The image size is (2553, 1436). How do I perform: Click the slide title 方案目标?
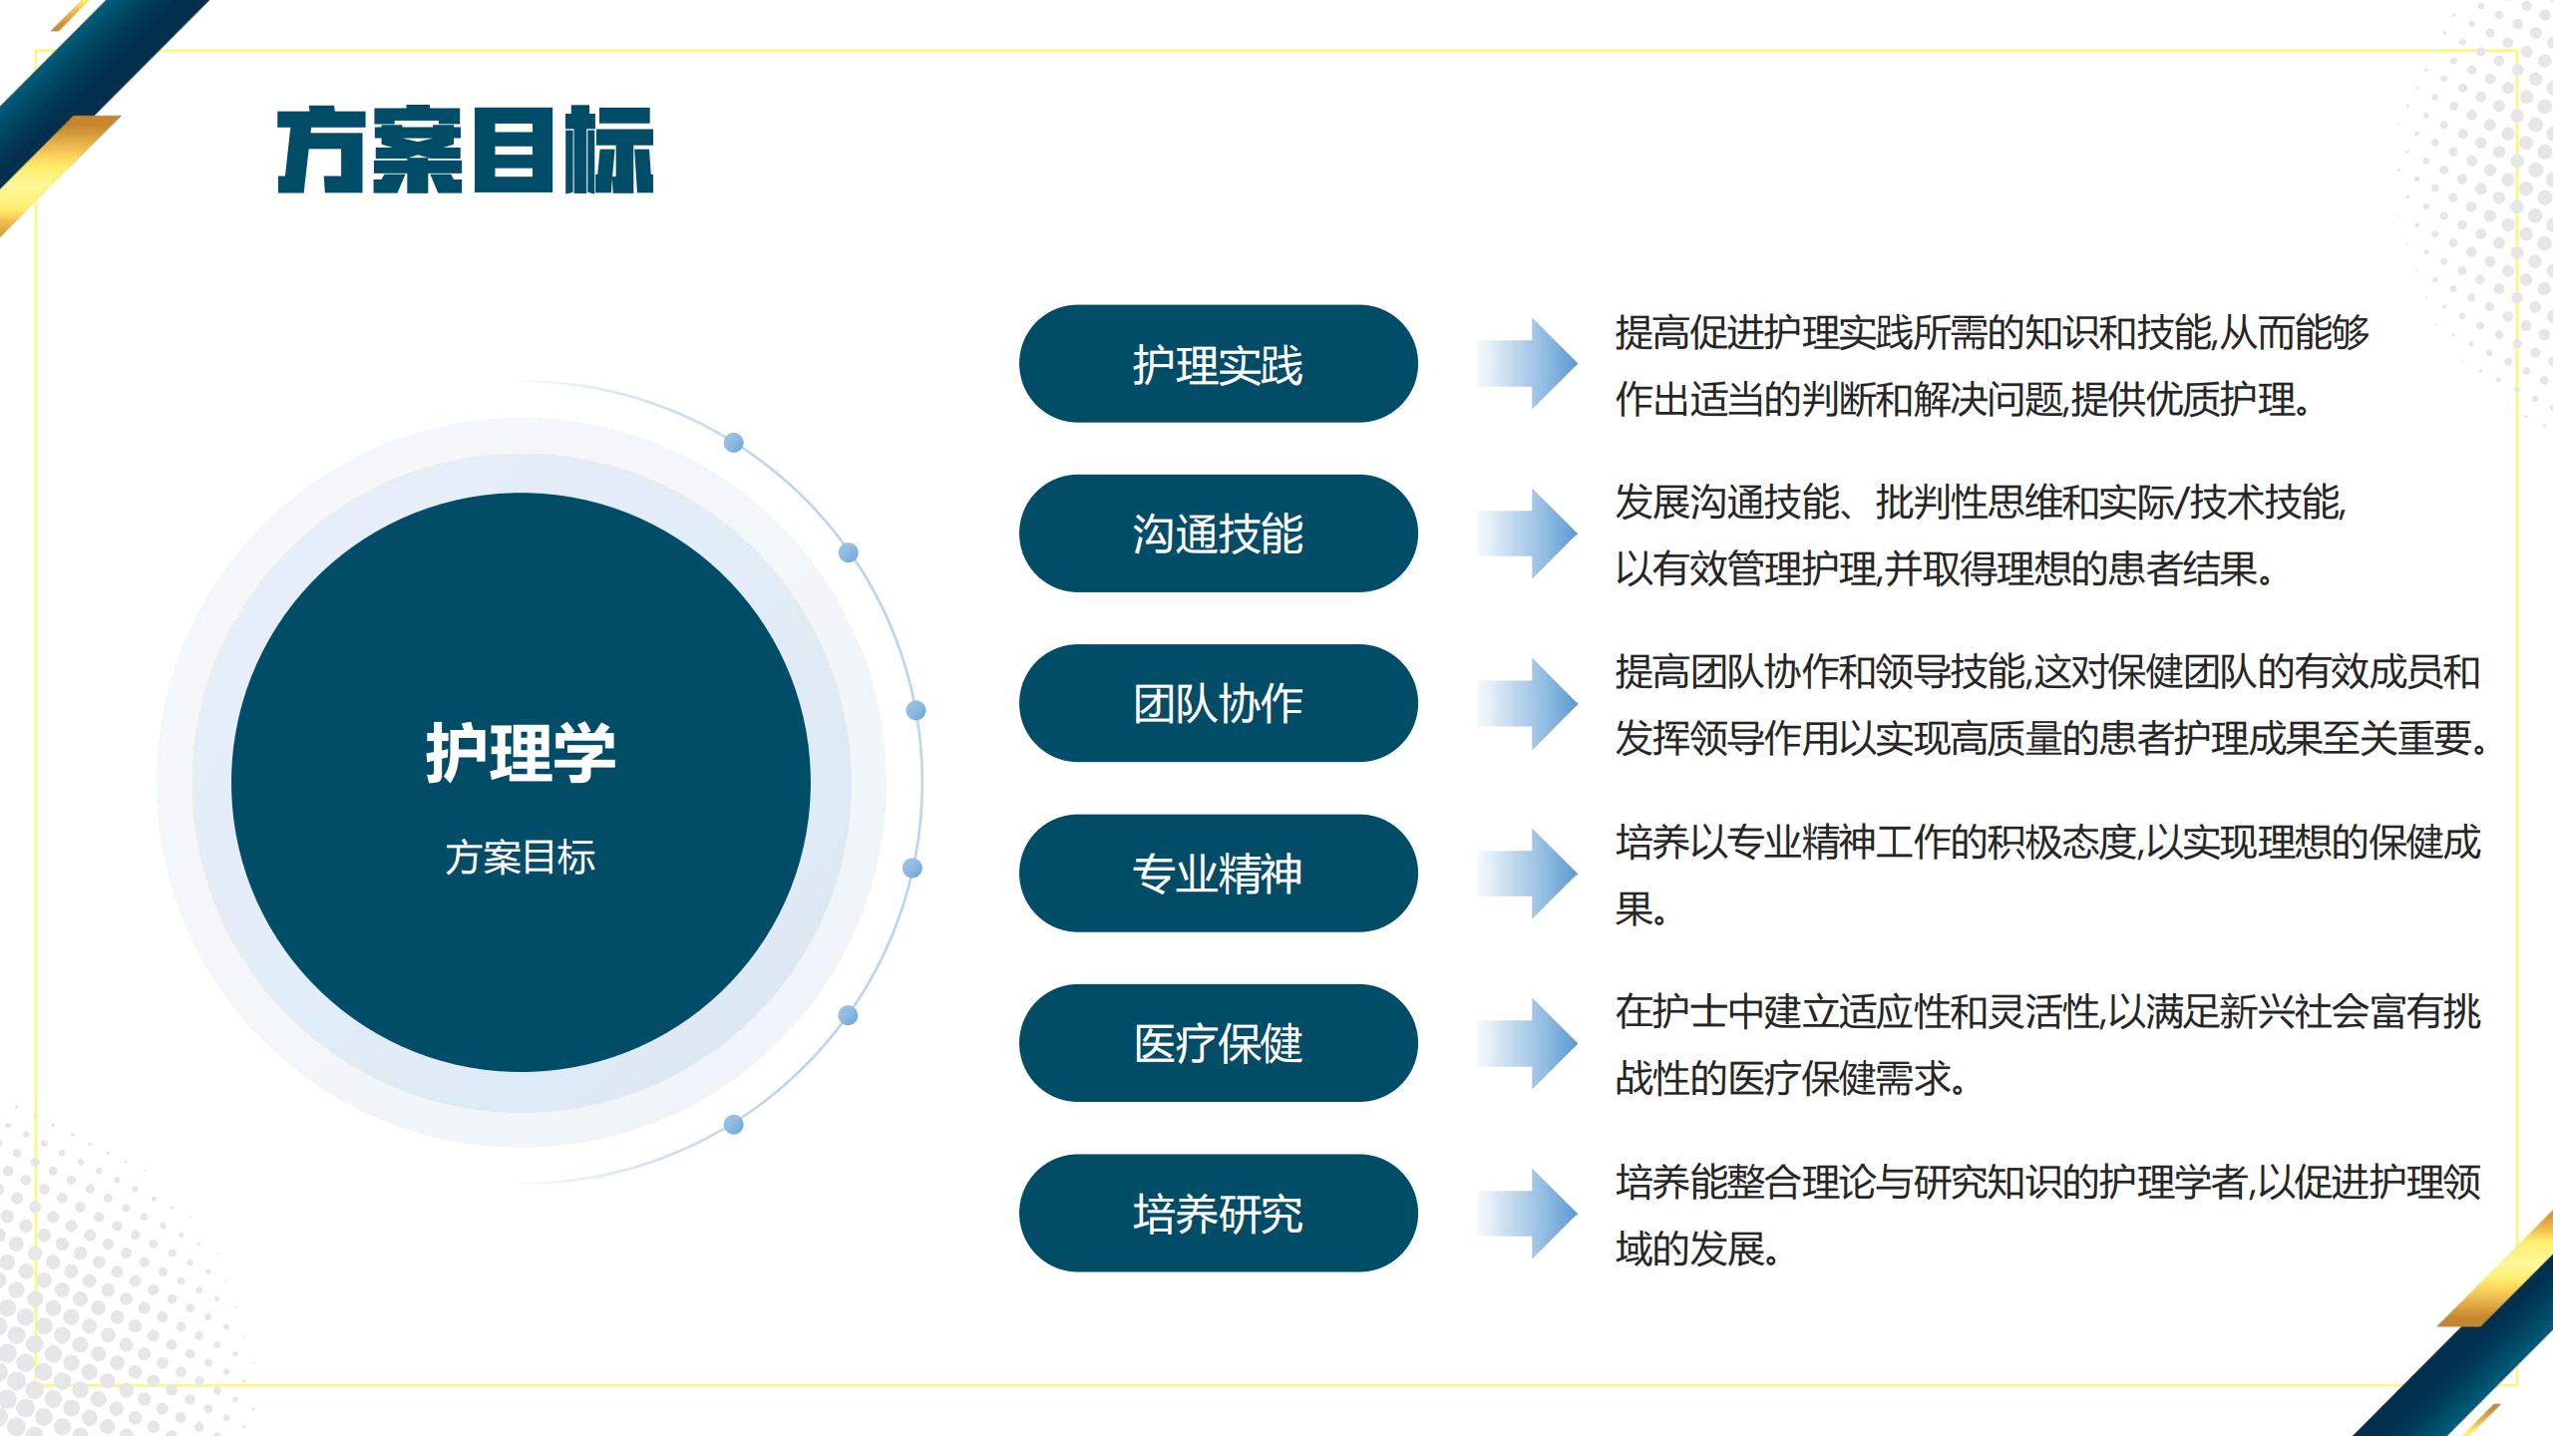click(x=465, y=150)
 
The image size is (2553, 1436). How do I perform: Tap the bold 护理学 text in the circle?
click(x=521, y=752)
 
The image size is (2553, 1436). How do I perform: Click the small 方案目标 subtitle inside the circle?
click(x=521, y=858)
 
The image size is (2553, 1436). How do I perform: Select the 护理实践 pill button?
click(x=1218, y=364)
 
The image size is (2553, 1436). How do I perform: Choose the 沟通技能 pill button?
click(x=1218, y=534)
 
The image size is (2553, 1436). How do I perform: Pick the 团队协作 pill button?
click(x=1218, y=703)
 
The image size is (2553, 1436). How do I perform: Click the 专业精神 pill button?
click(x=1218, y=874)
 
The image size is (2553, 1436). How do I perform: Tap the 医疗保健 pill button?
click(x=1218, y=1043)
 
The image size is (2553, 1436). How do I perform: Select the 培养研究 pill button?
click(x=1218, y=1214)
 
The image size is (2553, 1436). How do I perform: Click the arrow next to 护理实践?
click(x=1528, y=364)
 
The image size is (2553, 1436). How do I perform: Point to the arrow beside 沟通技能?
click(x=1528, y=534)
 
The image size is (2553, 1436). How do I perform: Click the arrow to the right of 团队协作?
click(x=1528, y=703)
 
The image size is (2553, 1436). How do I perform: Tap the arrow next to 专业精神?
click(x=1528, y=874)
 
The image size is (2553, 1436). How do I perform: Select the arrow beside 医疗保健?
click(x=1528, y=1043)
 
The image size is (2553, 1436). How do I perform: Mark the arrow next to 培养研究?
click(x=1528, y=1214)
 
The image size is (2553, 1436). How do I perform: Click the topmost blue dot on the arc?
click(x=734, y=443)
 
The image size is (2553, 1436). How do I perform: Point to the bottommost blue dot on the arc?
click(x=734, y=1125)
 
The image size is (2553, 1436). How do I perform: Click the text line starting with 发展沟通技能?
click(x=1981, y=503)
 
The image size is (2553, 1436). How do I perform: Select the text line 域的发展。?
click(x=1698, y=1249)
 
